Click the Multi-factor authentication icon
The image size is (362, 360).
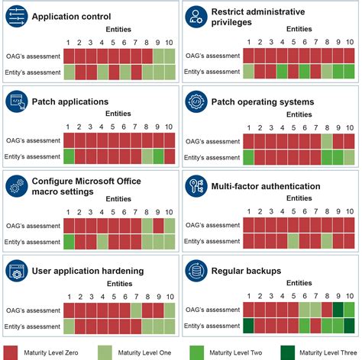[x=197, y=187]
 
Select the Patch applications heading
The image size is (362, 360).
[x=69, y=101]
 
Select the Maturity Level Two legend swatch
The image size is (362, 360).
[x=194, y=351]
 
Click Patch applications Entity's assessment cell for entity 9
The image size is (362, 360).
[x=158, y=157]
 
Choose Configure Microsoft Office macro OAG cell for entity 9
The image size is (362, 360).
[x=158, y=224]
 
